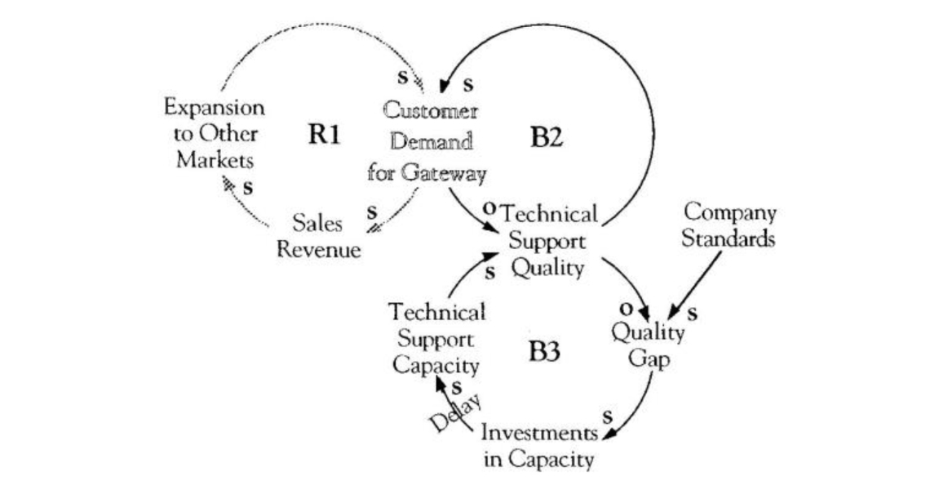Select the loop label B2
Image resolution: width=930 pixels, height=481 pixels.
(x=546, y=137)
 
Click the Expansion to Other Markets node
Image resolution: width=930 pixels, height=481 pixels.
(x=214, y=133)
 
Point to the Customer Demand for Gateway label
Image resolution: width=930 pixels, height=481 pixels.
(x=427, y=142)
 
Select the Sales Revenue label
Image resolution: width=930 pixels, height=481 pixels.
(x=318, y=236)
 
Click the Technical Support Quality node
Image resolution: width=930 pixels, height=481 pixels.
(x=547, y=241)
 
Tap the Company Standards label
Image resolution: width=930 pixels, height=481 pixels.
(x=728, y=226)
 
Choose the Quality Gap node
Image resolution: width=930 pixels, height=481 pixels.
(x=649, y=345)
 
